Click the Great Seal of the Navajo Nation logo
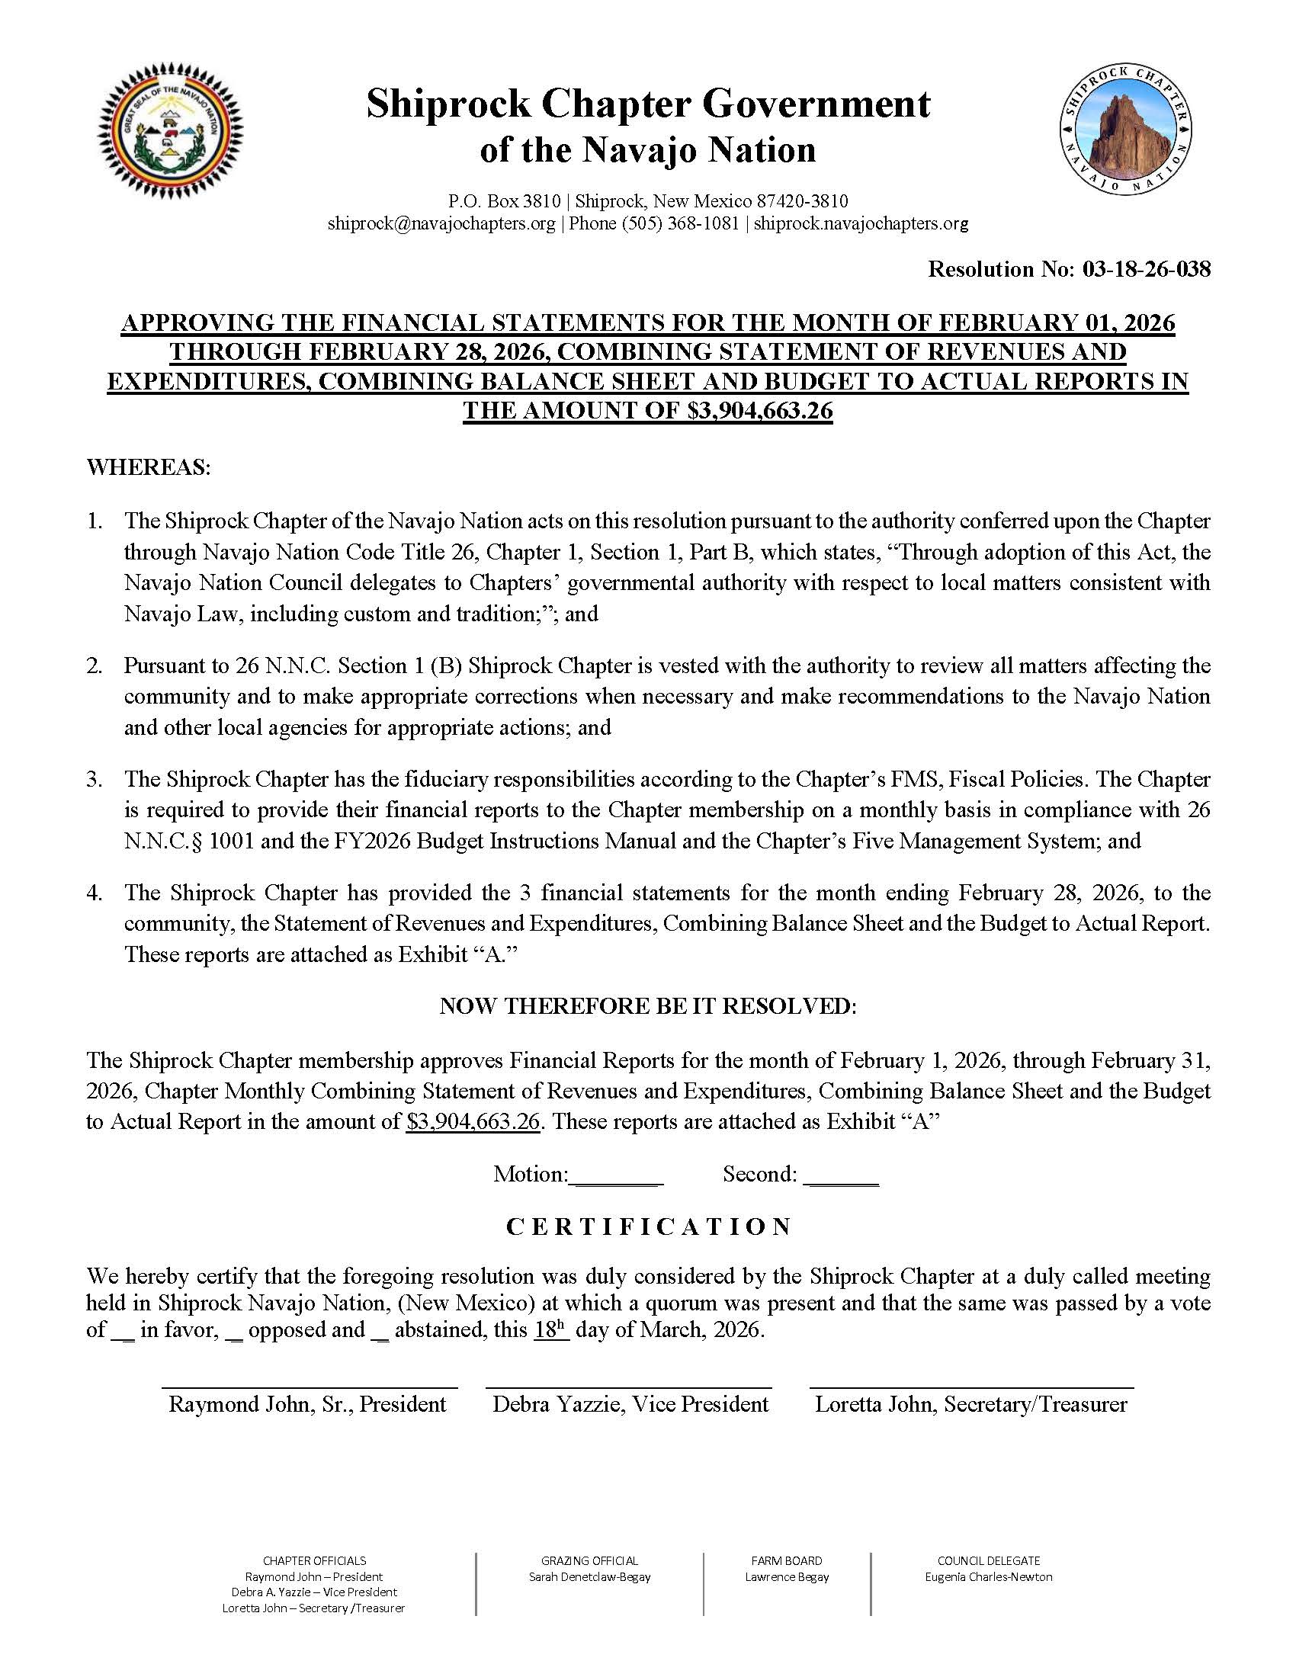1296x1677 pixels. click(170, 130)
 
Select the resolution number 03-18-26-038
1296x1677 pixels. click(1147, 269)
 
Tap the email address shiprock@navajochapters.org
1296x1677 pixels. click(441, 223)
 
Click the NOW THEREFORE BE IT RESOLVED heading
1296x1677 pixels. click(647, 1006)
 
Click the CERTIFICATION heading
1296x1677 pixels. click(648, 1227)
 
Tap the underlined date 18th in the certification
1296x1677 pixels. click(550, 1330)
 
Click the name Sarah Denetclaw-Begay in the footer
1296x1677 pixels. click(589, 1576)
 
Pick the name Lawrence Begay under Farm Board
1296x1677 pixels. click(786, 1576)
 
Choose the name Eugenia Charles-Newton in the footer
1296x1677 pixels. click(988, 1576)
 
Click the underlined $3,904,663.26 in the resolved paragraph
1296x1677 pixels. click(473, 1122)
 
